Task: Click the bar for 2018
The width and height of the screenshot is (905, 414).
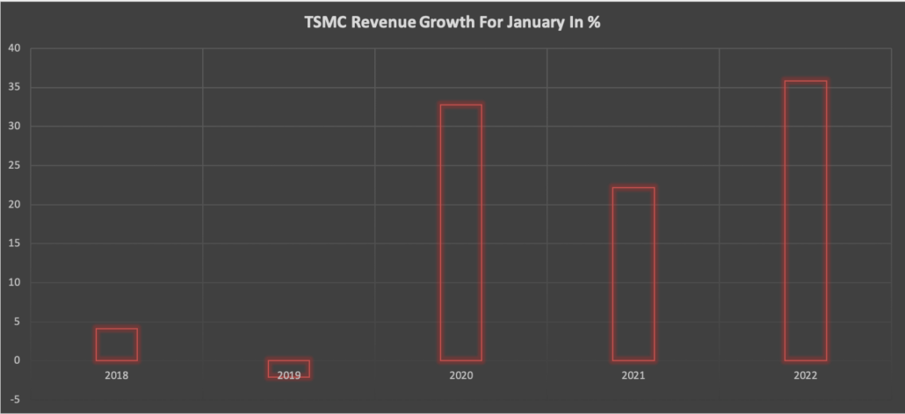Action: click(117, 345)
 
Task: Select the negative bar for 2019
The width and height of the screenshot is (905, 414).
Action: click(289, 368)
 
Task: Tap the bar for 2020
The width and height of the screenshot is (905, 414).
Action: click(461, 233)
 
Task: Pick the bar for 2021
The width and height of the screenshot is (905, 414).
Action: click(633, 273)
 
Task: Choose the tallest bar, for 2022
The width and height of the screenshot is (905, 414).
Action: click(806, 221)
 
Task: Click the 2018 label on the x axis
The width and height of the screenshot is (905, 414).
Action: click(117, 376)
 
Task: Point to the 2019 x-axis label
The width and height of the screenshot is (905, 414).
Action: click(289, 376)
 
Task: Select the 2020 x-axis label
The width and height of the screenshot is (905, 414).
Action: click(461, 376)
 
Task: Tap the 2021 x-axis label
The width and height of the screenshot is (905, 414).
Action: click(633, 376)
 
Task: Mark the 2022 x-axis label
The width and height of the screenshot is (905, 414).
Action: click(806, 376)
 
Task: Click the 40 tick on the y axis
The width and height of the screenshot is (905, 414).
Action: click(13, 48)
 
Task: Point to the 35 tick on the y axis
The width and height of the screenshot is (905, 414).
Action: click(13, 87)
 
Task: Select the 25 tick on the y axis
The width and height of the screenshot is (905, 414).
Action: click(13, 165)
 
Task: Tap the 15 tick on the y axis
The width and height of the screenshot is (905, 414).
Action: click(13, 243)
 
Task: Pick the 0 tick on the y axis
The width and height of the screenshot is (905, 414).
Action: click(16, 360)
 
